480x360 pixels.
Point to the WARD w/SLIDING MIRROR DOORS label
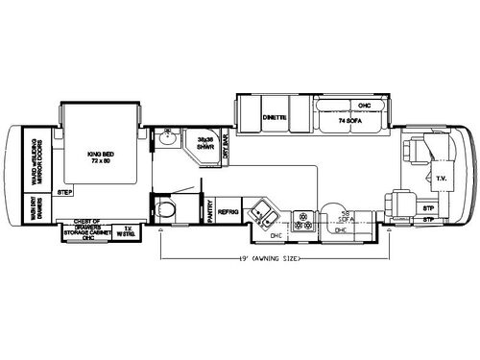click(38, 155)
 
